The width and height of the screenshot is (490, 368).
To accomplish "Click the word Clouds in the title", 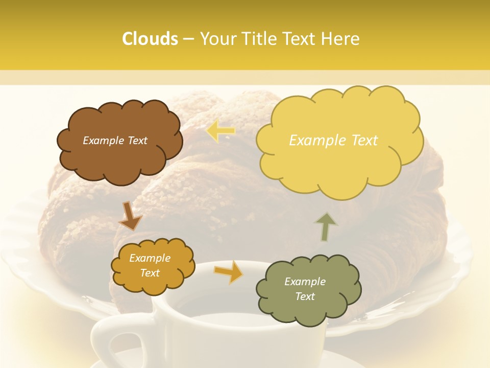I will pyautogui.click(x=150, y=39).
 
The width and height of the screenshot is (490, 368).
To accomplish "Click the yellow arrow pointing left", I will pyautogui.click(x=220, y=131).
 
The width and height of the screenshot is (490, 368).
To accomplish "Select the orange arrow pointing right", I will pyautogui.click(x=228, y=273).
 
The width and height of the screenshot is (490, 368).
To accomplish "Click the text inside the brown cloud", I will pyautogui.click(x=115, y=141).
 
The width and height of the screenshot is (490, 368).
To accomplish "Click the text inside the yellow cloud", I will pyautogui.click(x=333, y=141).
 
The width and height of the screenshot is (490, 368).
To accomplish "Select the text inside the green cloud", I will pyautogui.click(x=305, y=289).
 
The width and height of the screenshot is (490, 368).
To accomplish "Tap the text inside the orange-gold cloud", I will pyautogui.click(x=150, y=265).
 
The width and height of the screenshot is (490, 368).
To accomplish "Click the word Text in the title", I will pyautogui.click(x=301, y=39).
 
